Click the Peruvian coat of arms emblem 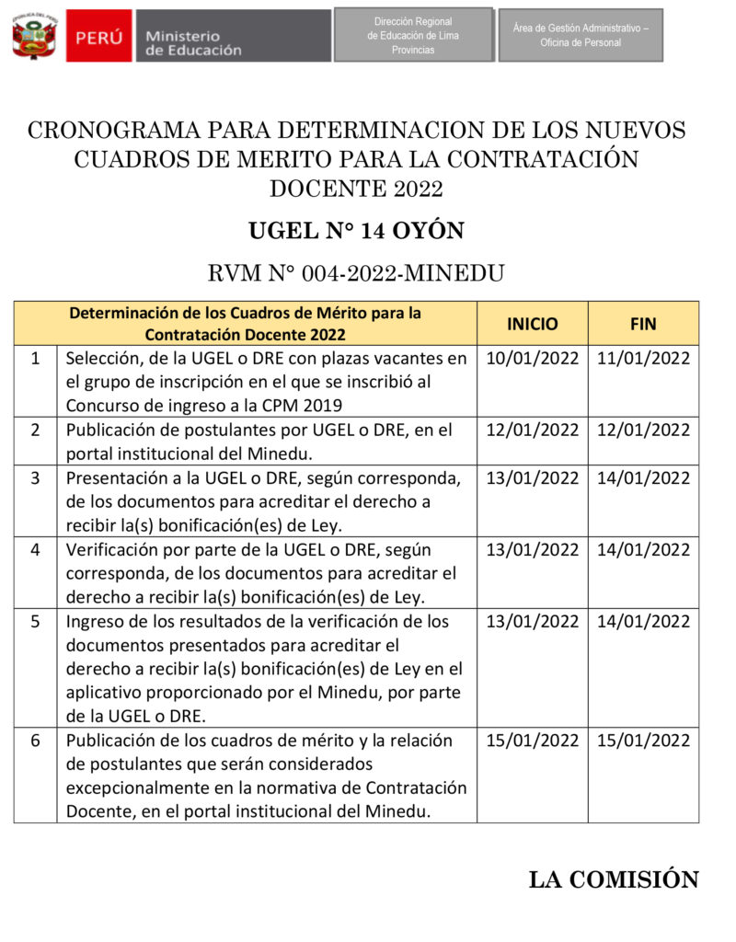pyautogui.click(x=34, y=36)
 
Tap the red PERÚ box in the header pyautogui.click(x=98, y=37)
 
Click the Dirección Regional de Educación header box pyautogui.click(x=413, y=35)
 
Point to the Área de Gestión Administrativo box pyautogui.click(x=581, y=36)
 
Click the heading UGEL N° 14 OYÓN pyautogui.click(x=356, y=231)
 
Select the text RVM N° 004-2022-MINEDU pyautogui.click(x=356, y=272)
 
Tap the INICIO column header pyautogui.click(x=532, y=324)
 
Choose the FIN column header pyautogui.click(x=643, y=324)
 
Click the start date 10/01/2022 pyautogui.click(x=532, y=359)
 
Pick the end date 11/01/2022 pyautogui.click(x=643, y=359)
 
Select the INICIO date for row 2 pyautogui.click(x=532, y=430)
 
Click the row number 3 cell pyautogui.click(x=35, y=477)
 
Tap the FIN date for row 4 pyautogui.click(x=643, y=550)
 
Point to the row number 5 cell pyautogui.click(x=35, y=622)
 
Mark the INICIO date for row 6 pyautogui.click(x=532, y=741)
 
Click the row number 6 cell pyautogui.click(x=35, y=741)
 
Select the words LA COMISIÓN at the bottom pyautogui.click(x=614, y=880)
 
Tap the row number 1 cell pyautogui.click(x=35, y=359)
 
